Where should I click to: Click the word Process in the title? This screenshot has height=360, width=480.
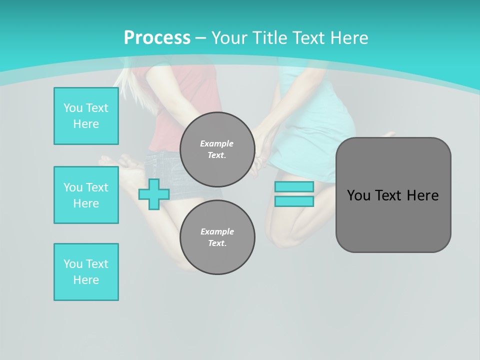tap(157, 38)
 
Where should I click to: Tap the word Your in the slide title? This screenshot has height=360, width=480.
tap(229, 38)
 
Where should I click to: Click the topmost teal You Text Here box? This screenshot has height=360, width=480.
tap(86, 116)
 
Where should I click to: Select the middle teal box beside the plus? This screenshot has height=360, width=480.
tap(86, 195)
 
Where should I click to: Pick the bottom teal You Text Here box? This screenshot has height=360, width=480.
tap(86, 272)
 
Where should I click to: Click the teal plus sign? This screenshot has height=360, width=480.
tap(153, 194)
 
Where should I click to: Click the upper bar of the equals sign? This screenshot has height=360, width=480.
tap(294, 186)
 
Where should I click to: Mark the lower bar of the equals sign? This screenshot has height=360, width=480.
tap(294, 201)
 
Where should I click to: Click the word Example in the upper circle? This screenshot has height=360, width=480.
tap(217, 143)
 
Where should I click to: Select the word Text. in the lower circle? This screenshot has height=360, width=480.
tap(217, 243)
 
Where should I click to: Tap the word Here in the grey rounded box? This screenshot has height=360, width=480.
tap(422, 195)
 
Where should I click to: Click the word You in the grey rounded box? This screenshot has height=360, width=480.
tap(358, 195)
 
